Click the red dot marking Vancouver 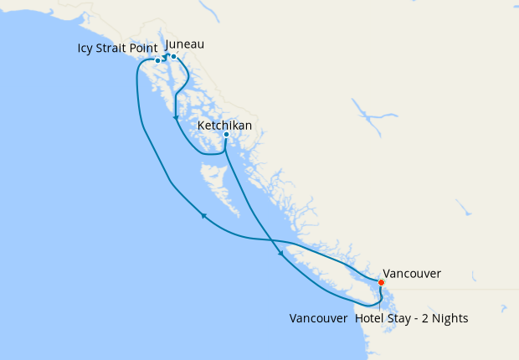[x=381, y=282]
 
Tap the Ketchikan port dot [x=226, y=135]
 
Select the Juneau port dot [x=173, y=57]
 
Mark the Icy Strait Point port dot [x=157, y=61]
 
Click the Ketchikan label [x=224, y=126]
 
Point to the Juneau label [x=185, y=44]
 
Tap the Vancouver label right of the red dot [x=411, y=274]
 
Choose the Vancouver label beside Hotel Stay [x=318, y=319]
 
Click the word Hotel [x=372, y=319]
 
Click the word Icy [x=87, y=49]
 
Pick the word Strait [x=115, y=49]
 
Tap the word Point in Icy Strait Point [x=146, y=49]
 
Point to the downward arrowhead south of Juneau [x=175, y=118]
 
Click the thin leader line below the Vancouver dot [x=382, y=298]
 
